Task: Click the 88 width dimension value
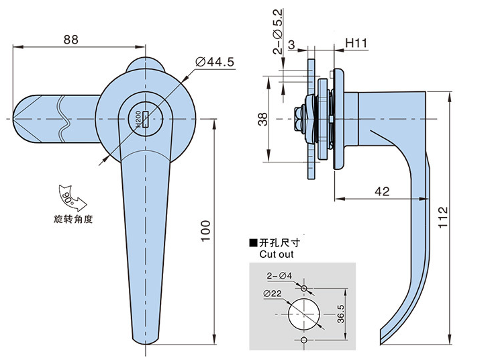[x=70, y=39]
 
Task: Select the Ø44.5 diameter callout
[x=214, y=62]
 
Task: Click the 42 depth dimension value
[x=381, y=191]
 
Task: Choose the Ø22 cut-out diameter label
[x=271, y=294]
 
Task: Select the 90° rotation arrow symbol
[x=68, y=197]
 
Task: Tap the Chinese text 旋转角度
[x=73, y=220]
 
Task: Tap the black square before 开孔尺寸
[x=253, y=244]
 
